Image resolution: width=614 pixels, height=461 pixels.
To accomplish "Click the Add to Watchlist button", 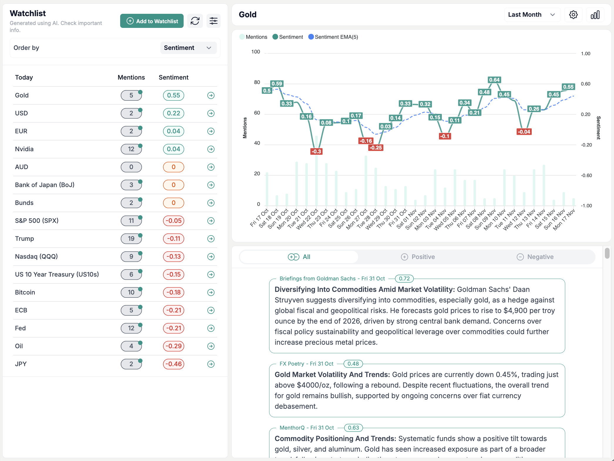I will [x=152, y=21].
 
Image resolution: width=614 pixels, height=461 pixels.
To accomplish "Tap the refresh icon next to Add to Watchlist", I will [x=195, y=21].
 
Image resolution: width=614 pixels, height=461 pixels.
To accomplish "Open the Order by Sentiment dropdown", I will [x=188, y=48].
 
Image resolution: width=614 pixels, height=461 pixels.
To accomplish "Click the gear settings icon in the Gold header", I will [x=573, y=15].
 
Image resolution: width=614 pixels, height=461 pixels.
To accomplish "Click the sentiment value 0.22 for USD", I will [x=173, y=113].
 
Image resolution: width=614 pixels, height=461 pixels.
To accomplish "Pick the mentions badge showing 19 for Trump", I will [x=131, y=239].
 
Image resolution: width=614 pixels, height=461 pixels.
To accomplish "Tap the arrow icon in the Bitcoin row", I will [x=211, y=292].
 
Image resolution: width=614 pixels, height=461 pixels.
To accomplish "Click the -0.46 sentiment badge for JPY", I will [x=173, y=364].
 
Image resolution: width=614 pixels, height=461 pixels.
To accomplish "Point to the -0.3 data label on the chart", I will [x=316, y=152].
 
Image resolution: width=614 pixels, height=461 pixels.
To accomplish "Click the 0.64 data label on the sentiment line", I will [x=494, y=80].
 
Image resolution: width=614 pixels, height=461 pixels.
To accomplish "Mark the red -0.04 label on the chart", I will [x=524, y=132].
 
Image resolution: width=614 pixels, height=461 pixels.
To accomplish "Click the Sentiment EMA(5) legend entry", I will [x=333, y=37].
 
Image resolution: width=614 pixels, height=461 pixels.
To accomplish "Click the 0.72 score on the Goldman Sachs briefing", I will [x=404, y=279].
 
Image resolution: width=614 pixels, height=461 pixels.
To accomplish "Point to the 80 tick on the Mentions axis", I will [x=257, y=83].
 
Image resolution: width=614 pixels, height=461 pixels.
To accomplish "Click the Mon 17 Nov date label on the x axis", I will [x=564, y=220].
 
